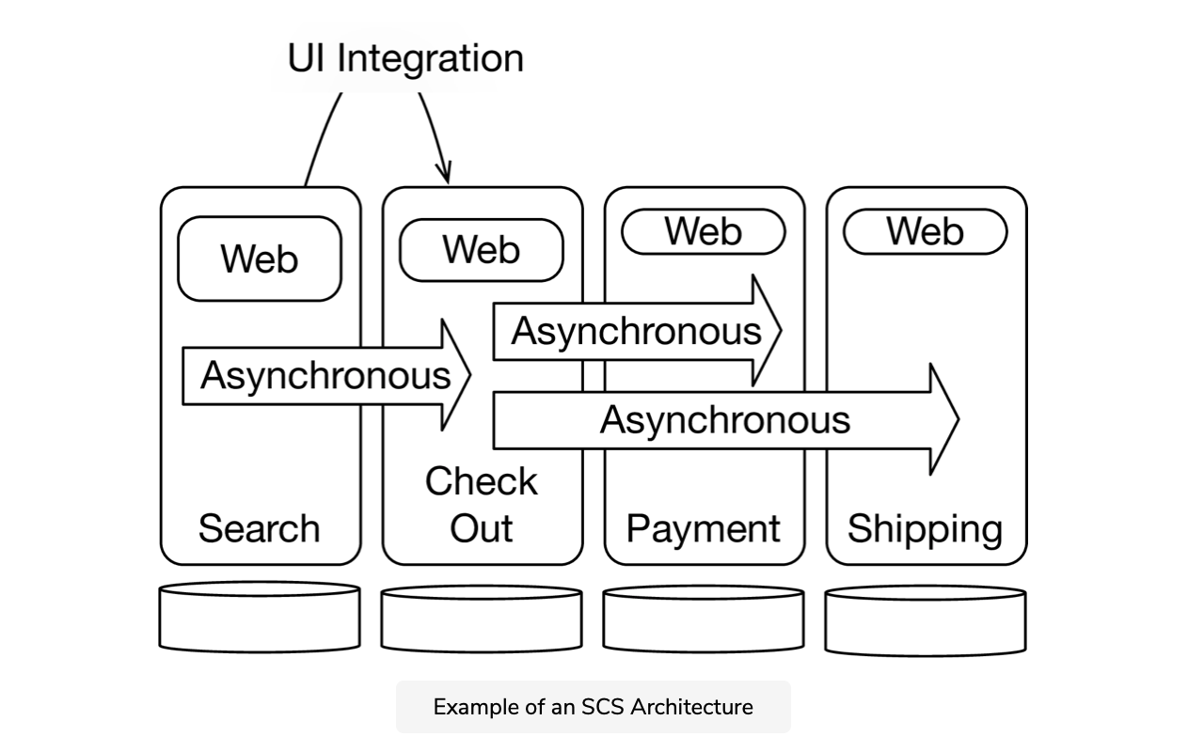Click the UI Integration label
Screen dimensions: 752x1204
[405, 58]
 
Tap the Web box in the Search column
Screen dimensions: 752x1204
[260, 258]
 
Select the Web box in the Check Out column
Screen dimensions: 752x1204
[482, 251]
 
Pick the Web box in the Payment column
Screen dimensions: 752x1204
[704, 232]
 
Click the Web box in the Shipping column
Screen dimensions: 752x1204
[926, 232]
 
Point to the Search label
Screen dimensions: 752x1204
[259, 528]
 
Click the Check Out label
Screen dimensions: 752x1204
[482, 505]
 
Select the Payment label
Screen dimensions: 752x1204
[704, 528]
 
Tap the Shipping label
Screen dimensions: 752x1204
[926, 528]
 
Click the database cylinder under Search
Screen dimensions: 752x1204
[260, 618]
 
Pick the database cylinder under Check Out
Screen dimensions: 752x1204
[482, 619]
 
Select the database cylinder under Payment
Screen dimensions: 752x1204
[704, 619]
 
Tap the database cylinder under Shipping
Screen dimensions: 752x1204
[926, 620]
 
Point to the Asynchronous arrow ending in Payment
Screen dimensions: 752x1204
[636, 332]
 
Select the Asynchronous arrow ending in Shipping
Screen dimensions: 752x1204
[724, 419]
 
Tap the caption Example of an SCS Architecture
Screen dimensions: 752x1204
[593, 707]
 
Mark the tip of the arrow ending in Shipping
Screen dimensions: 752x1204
[957, 419]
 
